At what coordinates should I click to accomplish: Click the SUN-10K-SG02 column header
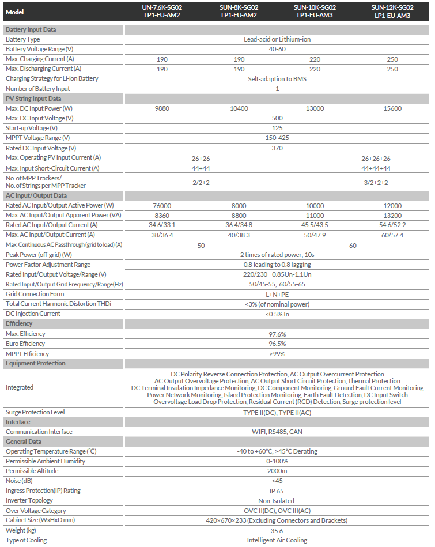[x=315, y=12]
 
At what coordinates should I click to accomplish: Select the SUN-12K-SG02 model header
[x=392, y=12]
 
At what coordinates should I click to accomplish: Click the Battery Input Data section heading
[x=31, y=29]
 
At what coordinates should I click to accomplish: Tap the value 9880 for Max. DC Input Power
[x=162, y=108]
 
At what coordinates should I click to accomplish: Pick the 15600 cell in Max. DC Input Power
[x=392, y=108]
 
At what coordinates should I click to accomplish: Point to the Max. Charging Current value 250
[x=392, y=59]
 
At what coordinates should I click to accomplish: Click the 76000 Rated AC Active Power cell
[x=162, y=206]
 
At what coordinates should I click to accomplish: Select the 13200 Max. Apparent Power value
[x=392, y=216]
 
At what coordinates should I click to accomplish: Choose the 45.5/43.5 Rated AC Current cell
[x=315, y=225]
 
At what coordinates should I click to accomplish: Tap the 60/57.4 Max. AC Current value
[x=392, y=235]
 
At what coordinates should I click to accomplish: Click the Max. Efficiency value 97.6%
[x=277, y=334]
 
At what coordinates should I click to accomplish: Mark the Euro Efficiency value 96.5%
[x=277, y=344]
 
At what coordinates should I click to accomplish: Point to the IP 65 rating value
[x=277, y=491]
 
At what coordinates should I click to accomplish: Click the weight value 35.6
[x=277, y=530]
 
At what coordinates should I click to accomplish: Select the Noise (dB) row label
[x=19, y=481]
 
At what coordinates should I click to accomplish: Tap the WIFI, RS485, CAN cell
[x=277, y=432]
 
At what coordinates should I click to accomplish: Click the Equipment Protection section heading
[x=36, y=363]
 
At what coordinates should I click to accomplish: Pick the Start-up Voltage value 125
[x=277, y=128]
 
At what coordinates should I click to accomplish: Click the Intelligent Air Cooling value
[x=277, y=540]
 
